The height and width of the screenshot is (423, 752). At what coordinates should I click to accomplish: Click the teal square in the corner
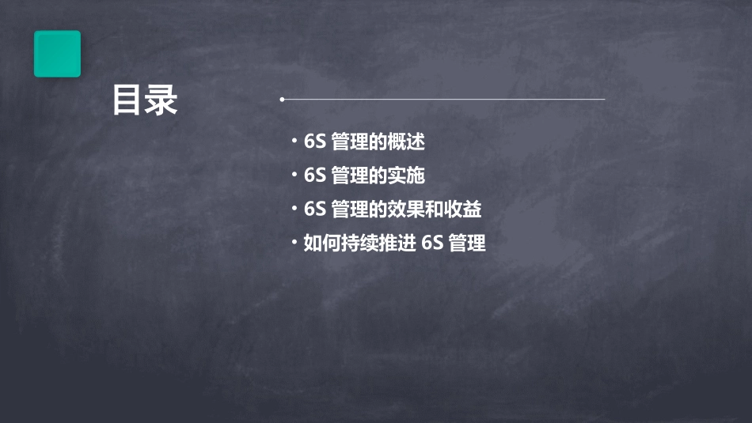coord(57,54)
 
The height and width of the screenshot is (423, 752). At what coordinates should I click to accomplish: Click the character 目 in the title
coord(127,101)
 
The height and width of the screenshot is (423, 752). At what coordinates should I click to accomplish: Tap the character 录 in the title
coord(161,101)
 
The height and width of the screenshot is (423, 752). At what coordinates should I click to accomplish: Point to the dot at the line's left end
coord(282,100)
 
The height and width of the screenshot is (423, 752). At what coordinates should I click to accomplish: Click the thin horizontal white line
coord(443,100)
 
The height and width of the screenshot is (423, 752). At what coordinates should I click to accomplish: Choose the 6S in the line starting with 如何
coord(432,244)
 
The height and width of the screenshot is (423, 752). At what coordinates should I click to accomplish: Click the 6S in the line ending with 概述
coord(315,142)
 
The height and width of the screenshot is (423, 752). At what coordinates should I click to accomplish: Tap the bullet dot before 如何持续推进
coord(294,243)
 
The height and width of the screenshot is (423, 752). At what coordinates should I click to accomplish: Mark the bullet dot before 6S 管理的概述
coord(294,142)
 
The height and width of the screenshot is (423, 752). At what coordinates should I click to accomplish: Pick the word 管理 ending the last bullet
coord(467,244)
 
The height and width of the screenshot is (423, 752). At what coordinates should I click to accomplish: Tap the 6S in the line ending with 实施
coord(315,176)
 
